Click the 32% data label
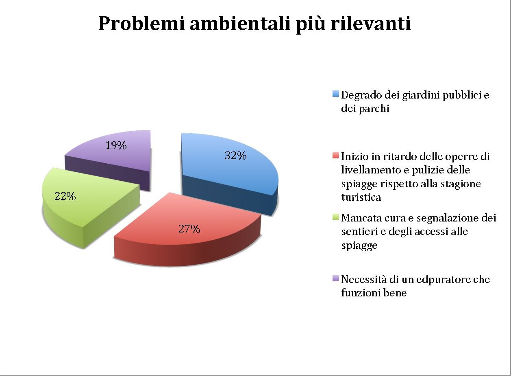click(x=235, y=155)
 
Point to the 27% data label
click(x=189, y=229)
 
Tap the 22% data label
click(x=65, y=196)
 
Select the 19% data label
click(x=116, y=145)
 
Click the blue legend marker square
click(x=336, y=94)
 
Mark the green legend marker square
click(x=336, y=217)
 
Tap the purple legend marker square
click(x=336, y=278)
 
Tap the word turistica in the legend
click(x=361, y=197)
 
